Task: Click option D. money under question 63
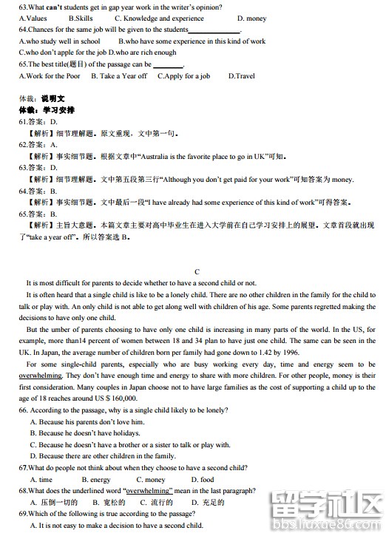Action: (x=251, y=18)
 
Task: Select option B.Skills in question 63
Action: (x=80, y=18)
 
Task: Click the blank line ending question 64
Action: (x=214, y=30)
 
